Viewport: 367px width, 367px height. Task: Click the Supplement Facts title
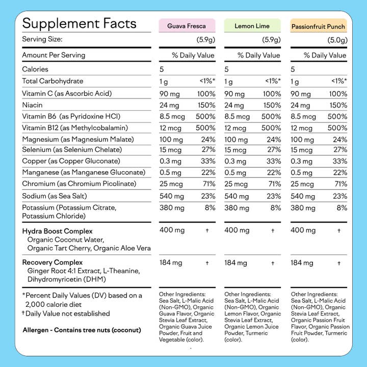79,23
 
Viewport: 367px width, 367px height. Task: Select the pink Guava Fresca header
187,25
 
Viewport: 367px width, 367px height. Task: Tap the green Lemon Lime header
252,25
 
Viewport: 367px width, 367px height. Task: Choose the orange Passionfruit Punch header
318,26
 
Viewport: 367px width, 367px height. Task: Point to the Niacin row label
32,105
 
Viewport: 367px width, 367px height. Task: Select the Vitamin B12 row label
74,127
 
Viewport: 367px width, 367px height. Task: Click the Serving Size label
42,39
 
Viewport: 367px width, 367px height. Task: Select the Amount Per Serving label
54,55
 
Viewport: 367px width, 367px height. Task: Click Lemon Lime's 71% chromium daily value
274,183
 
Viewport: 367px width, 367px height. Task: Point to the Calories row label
35,69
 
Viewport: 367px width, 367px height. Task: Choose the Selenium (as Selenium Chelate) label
72,150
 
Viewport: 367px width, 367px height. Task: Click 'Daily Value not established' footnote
67,313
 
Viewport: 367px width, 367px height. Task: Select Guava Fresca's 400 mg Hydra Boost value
172,230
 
